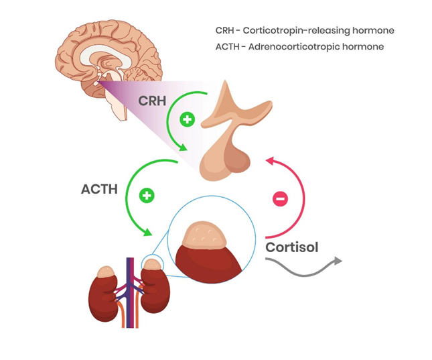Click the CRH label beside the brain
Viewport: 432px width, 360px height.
pos(153,101)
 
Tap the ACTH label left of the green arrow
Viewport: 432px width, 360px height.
pos(99,189)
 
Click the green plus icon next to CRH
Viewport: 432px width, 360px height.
pos(188,120)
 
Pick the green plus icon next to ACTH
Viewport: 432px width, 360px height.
pos(147,196)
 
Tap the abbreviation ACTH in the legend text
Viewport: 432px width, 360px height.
pos(228,47)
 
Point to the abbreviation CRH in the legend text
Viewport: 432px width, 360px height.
pos(226,31)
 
